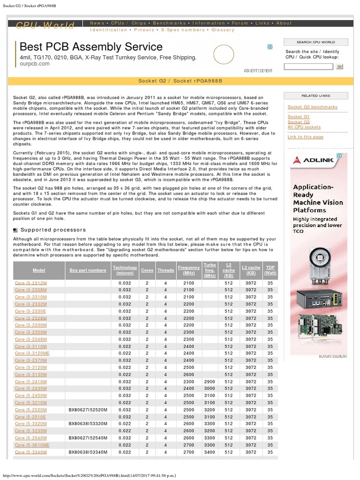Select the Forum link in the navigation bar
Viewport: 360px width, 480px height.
point(240,23)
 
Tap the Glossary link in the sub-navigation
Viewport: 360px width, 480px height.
point(223,30)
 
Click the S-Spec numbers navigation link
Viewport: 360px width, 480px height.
point(183,30)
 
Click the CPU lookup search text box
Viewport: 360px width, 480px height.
point(308,67)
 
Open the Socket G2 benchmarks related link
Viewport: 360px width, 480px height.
point(312,107)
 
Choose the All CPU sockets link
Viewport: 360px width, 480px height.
point(304,127)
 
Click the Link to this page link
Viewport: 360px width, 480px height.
point(305,137)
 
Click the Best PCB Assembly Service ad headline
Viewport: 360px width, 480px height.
point(91,47)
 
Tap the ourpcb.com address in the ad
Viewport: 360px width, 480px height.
point(34,64)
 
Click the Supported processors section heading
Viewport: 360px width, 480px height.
point(53,230)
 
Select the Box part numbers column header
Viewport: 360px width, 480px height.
point(88,270)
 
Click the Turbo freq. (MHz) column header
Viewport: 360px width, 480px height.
point(210,270)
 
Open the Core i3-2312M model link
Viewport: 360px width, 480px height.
point(30,283)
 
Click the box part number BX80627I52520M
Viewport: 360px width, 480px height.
point(88,410)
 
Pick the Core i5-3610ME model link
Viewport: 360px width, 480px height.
point(32,445)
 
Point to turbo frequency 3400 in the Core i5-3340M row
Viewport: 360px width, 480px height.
point(210,452)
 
